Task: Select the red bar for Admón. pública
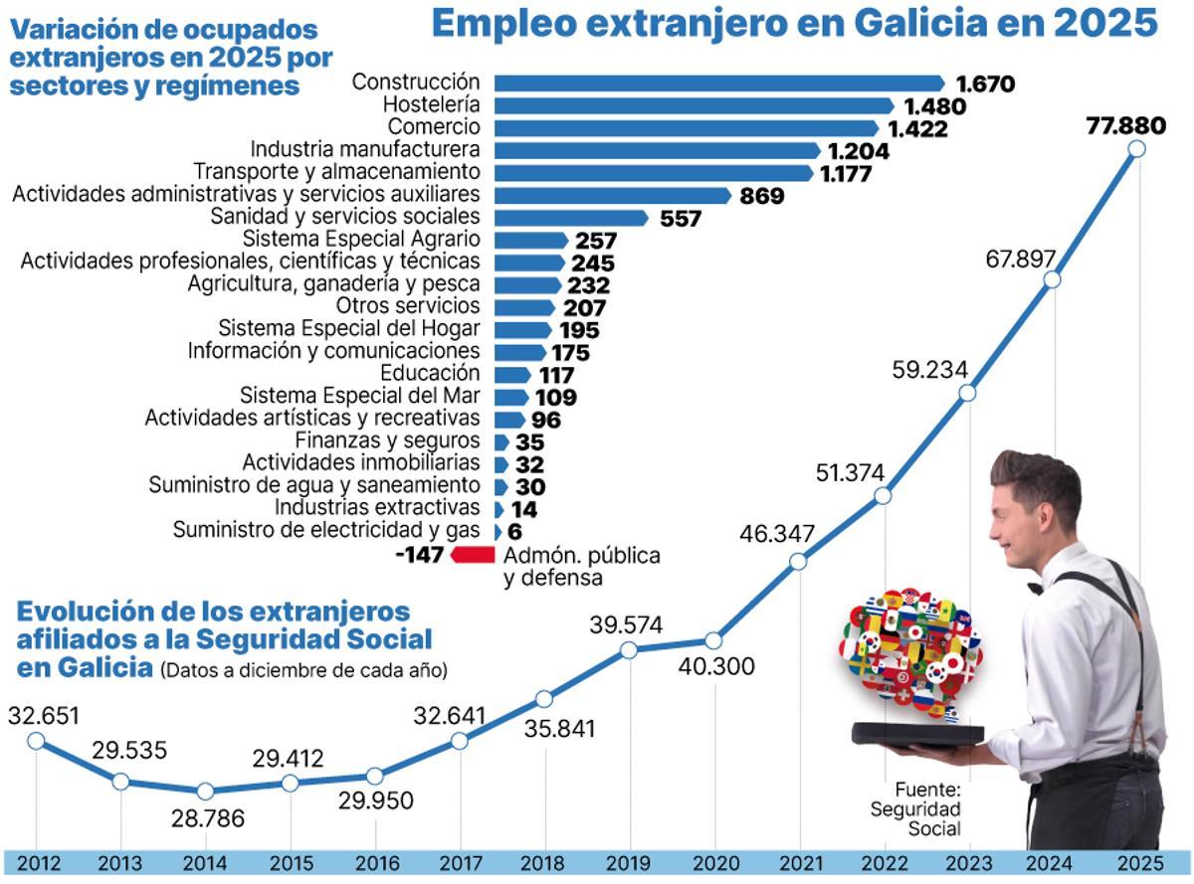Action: pyautogui.click(x=473, y=555)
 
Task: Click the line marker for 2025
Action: pyautogui.click(x=1137, y=149)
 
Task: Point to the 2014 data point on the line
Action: pyautogui.click(x=205, y=792)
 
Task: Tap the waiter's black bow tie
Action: pyautogui.click(x=1035, y=587)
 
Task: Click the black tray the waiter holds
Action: pyautogui.click(x=916, y=735)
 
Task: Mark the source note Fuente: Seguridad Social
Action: pyautogui.click(x=915, y=808)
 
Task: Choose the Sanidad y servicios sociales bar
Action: pyautogui.click(x=571, y=217)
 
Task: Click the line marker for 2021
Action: pyautogui.click(x=798, y=562)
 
